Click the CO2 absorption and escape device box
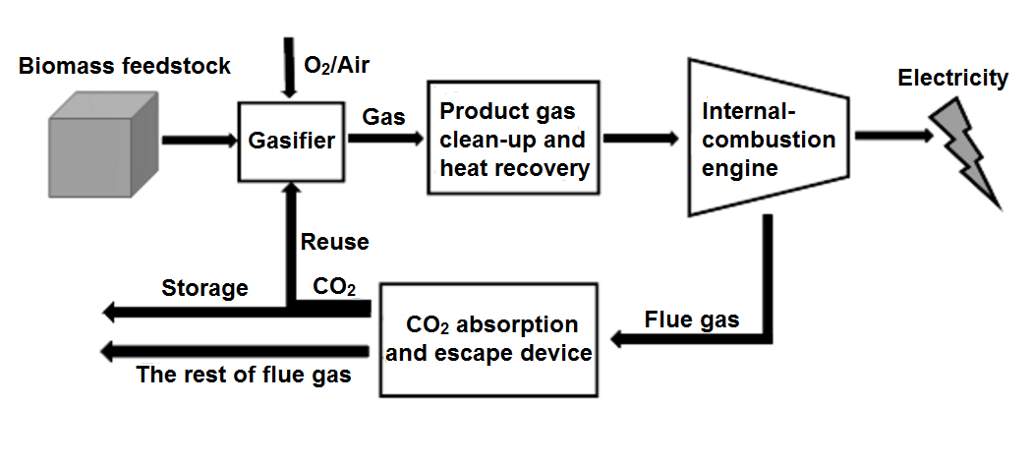click(489, 338)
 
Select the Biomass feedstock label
click(124, 66)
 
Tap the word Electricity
click(952, 78)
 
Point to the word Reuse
click(335, 241)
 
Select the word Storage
click(204, 288)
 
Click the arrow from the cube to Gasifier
click(197, 141)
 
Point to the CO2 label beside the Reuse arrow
click(334, 288)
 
